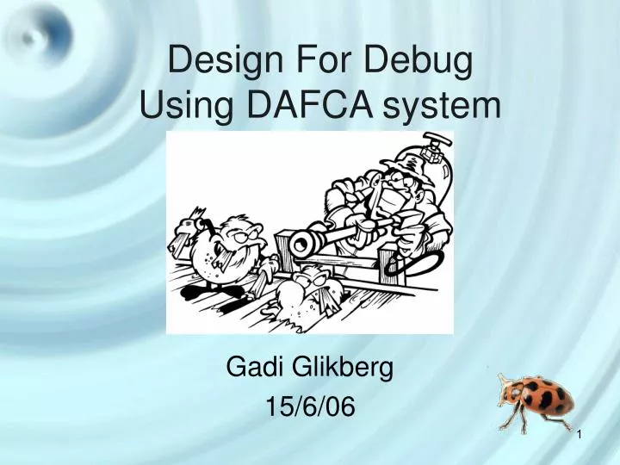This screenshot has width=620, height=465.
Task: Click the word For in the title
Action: [312, 62]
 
